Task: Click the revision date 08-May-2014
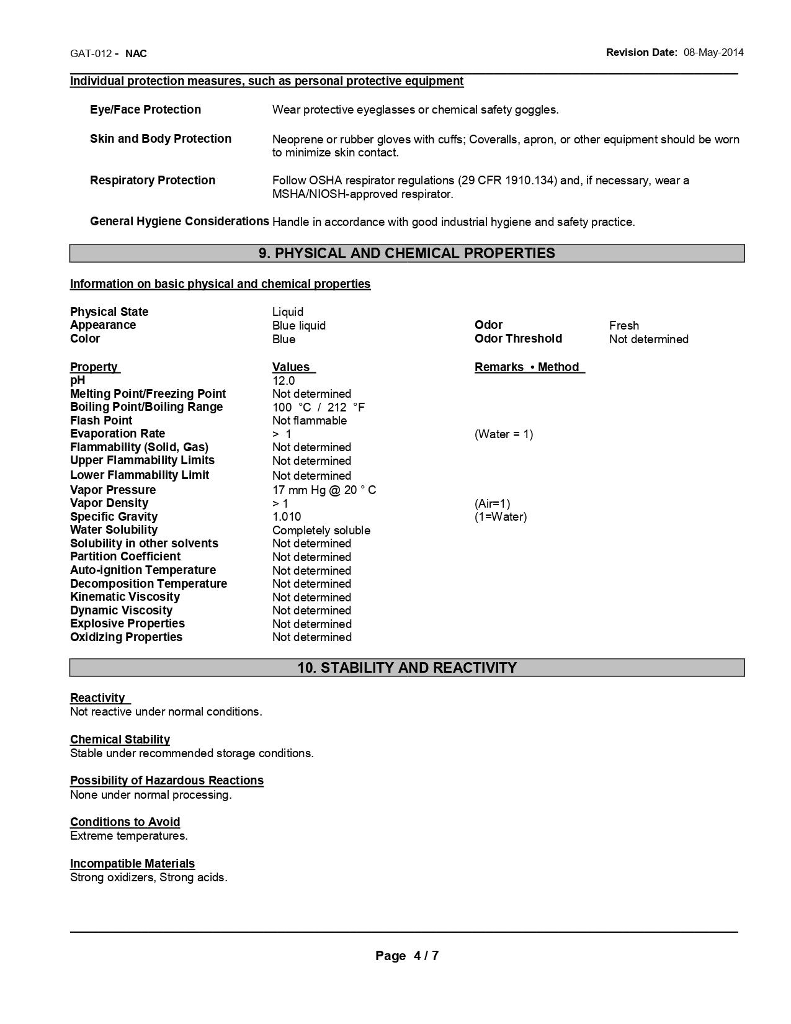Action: click(x=713, y=53)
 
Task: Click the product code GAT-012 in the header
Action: click(x=91, y=53)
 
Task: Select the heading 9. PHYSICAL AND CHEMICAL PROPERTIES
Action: click(x=407, y=253)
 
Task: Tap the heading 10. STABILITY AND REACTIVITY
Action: click(x=407, y=668)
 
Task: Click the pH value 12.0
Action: click(x=284, y=381)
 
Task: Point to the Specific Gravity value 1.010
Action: click(x=287, y=517)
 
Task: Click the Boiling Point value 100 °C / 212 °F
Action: click(x=318, y=408)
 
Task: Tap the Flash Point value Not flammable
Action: click(x=310, y=421)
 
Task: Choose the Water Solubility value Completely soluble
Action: click(x=321, y=531)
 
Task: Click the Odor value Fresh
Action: click(x=624, y=326)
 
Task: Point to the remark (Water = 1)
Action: click(x=504, y=434)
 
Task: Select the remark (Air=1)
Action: click(x=493, y=504)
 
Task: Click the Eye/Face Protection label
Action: click(x=145, y=110)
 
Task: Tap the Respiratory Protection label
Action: click(x=153, y=181)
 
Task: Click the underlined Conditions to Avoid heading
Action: click(x=125, y=822)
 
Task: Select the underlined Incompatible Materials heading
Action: click(x=132, y=864)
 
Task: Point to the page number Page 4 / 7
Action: click(x=407, y=956)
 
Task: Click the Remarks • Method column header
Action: click(x=529, y=367)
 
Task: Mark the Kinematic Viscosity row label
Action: click(x=125, y=597)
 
